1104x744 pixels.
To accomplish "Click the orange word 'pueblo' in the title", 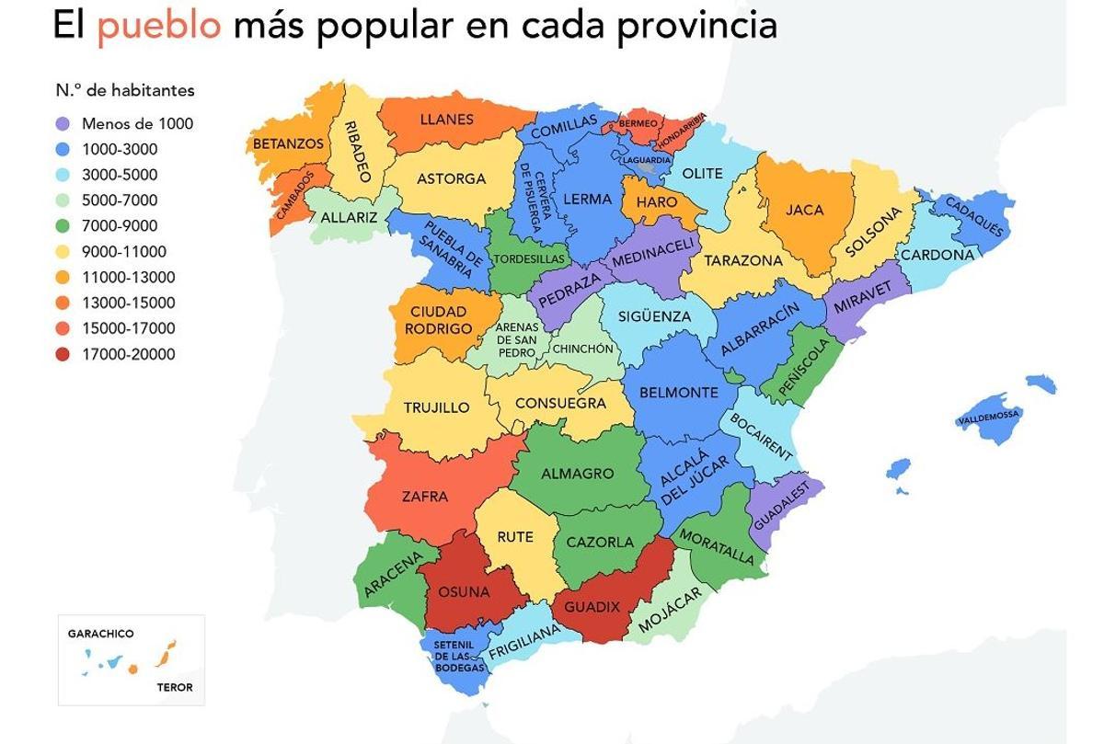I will pyautogui.click(x=159, y=25).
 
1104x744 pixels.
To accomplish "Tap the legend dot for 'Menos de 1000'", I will pyautogui.click(x=63, y=123).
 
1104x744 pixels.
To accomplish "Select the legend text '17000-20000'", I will pyautogui.click(x=128, y=354).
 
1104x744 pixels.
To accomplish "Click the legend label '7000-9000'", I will pyautogui.click(x=120, y=226).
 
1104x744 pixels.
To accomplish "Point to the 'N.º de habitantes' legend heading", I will pyautogui.click(x=125, y=90).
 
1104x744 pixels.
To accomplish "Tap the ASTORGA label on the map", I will pyautogui.click(x=451, y=178).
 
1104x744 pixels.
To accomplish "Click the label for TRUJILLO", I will pyautogui.click(x=436, y=407).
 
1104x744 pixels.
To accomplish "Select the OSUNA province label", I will pyautogui.click(x=464, y=591).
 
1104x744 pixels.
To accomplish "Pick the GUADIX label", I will pyautogui.click(x=592, y=607).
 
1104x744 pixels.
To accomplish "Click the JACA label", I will pyautogui.click(x=804, y=210).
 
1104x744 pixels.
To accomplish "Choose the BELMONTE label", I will pyautogui.click(x=678, y=393).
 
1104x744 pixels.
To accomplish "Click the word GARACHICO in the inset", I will pyautogui.click(x=100, y=634).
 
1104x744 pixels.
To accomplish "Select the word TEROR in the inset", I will pyautogui.click(x=175, y=687).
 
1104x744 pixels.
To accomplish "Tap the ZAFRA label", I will pyautogui.click(x=424, y=497).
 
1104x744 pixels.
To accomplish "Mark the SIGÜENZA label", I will pyautogui.click(x=654, y=316).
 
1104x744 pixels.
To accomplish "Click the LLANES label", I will pyautogui.click(x=446, y=120).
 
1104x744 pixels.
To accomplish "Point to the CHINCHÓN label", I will pyautogui.click(x=581, y=349).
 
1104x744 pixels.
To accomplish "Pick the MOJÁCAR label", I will pyautogui.click(x=669, y=610).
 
